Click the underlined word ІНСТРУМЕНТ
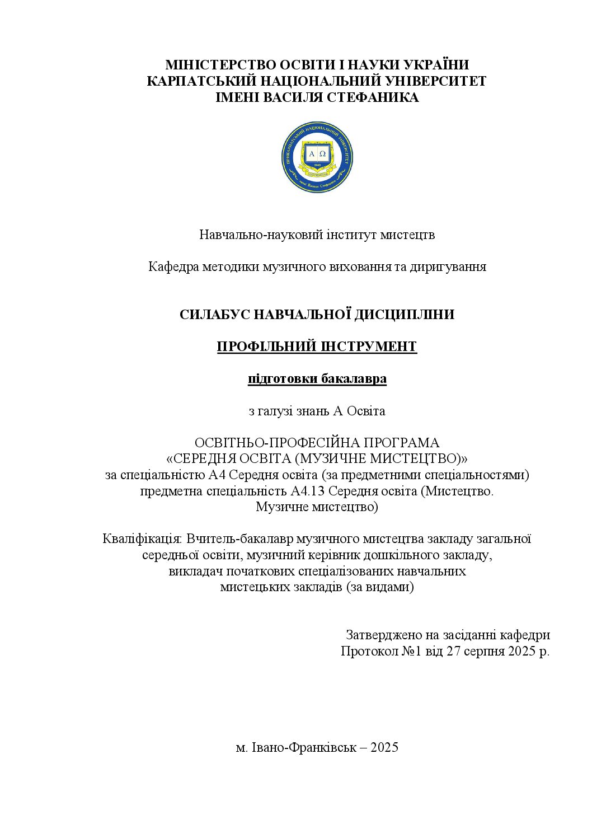tap(369, 347)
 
